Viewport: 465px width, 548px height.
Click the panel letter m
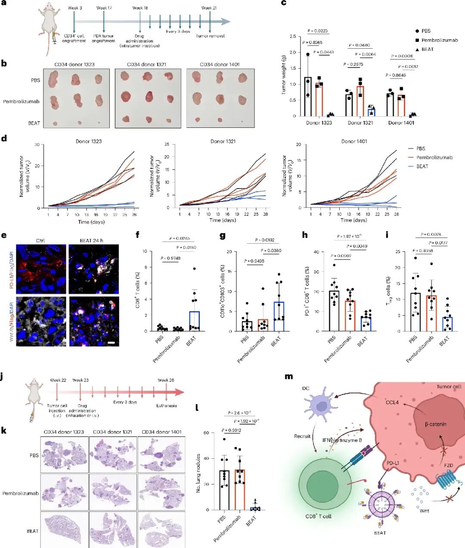click(288, 376)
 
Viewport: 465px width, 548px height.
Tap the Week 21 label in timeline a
click(209, 8)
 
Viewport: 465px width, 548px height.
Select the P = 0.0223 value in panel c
click(317, 31)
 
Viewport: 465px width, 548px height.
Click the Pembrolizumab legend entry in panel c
click(440, 40)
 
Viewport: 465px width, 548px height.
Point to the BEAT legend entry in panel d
click(422, 166)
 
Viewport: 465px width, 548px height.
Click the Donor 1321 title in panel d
click(223, 141)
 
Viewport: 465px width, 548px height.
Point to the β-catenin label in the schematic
click(435, 424)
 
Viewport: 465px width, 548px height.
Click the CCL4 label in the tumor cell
click(392, 402)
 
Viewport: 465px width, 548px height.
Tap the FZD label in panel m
click(448, 465)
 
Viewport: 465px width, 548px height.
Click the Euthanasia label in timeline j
click(166, 406)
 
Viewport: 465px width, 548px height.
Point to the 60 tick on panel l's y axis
click(206, 433)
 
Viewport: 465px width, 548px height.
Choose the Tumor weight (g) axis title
click(284, 75)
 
